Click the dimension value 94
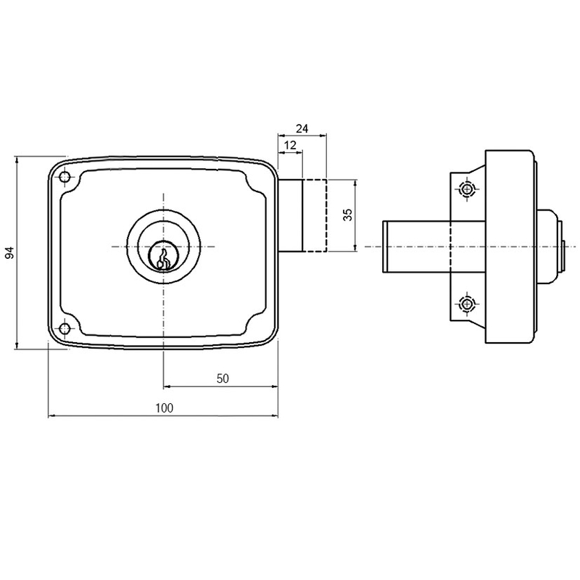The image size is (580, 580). coord(9,253)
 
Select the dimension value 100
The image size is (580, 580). coord(164,407)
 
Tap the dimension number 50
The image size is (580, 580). coord(223,378)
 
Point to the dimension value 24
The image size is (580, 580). coord(302,128)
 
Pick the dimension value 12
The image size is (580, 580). coord(290,146)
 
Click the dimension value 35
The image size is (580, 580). coord(347,215)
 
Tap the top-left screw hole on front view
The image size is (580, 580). coord(65,178)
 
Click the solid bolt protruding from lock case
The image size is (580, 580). coord(291,215)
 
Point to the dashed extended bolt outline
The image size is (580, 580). coord(315,215)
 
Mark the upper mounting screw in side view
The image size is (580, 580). coord(466,190)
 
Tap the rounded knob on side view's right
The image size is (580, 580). coord(552,247)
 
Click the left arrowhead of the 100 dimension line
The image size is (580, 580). coord(51,416)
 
